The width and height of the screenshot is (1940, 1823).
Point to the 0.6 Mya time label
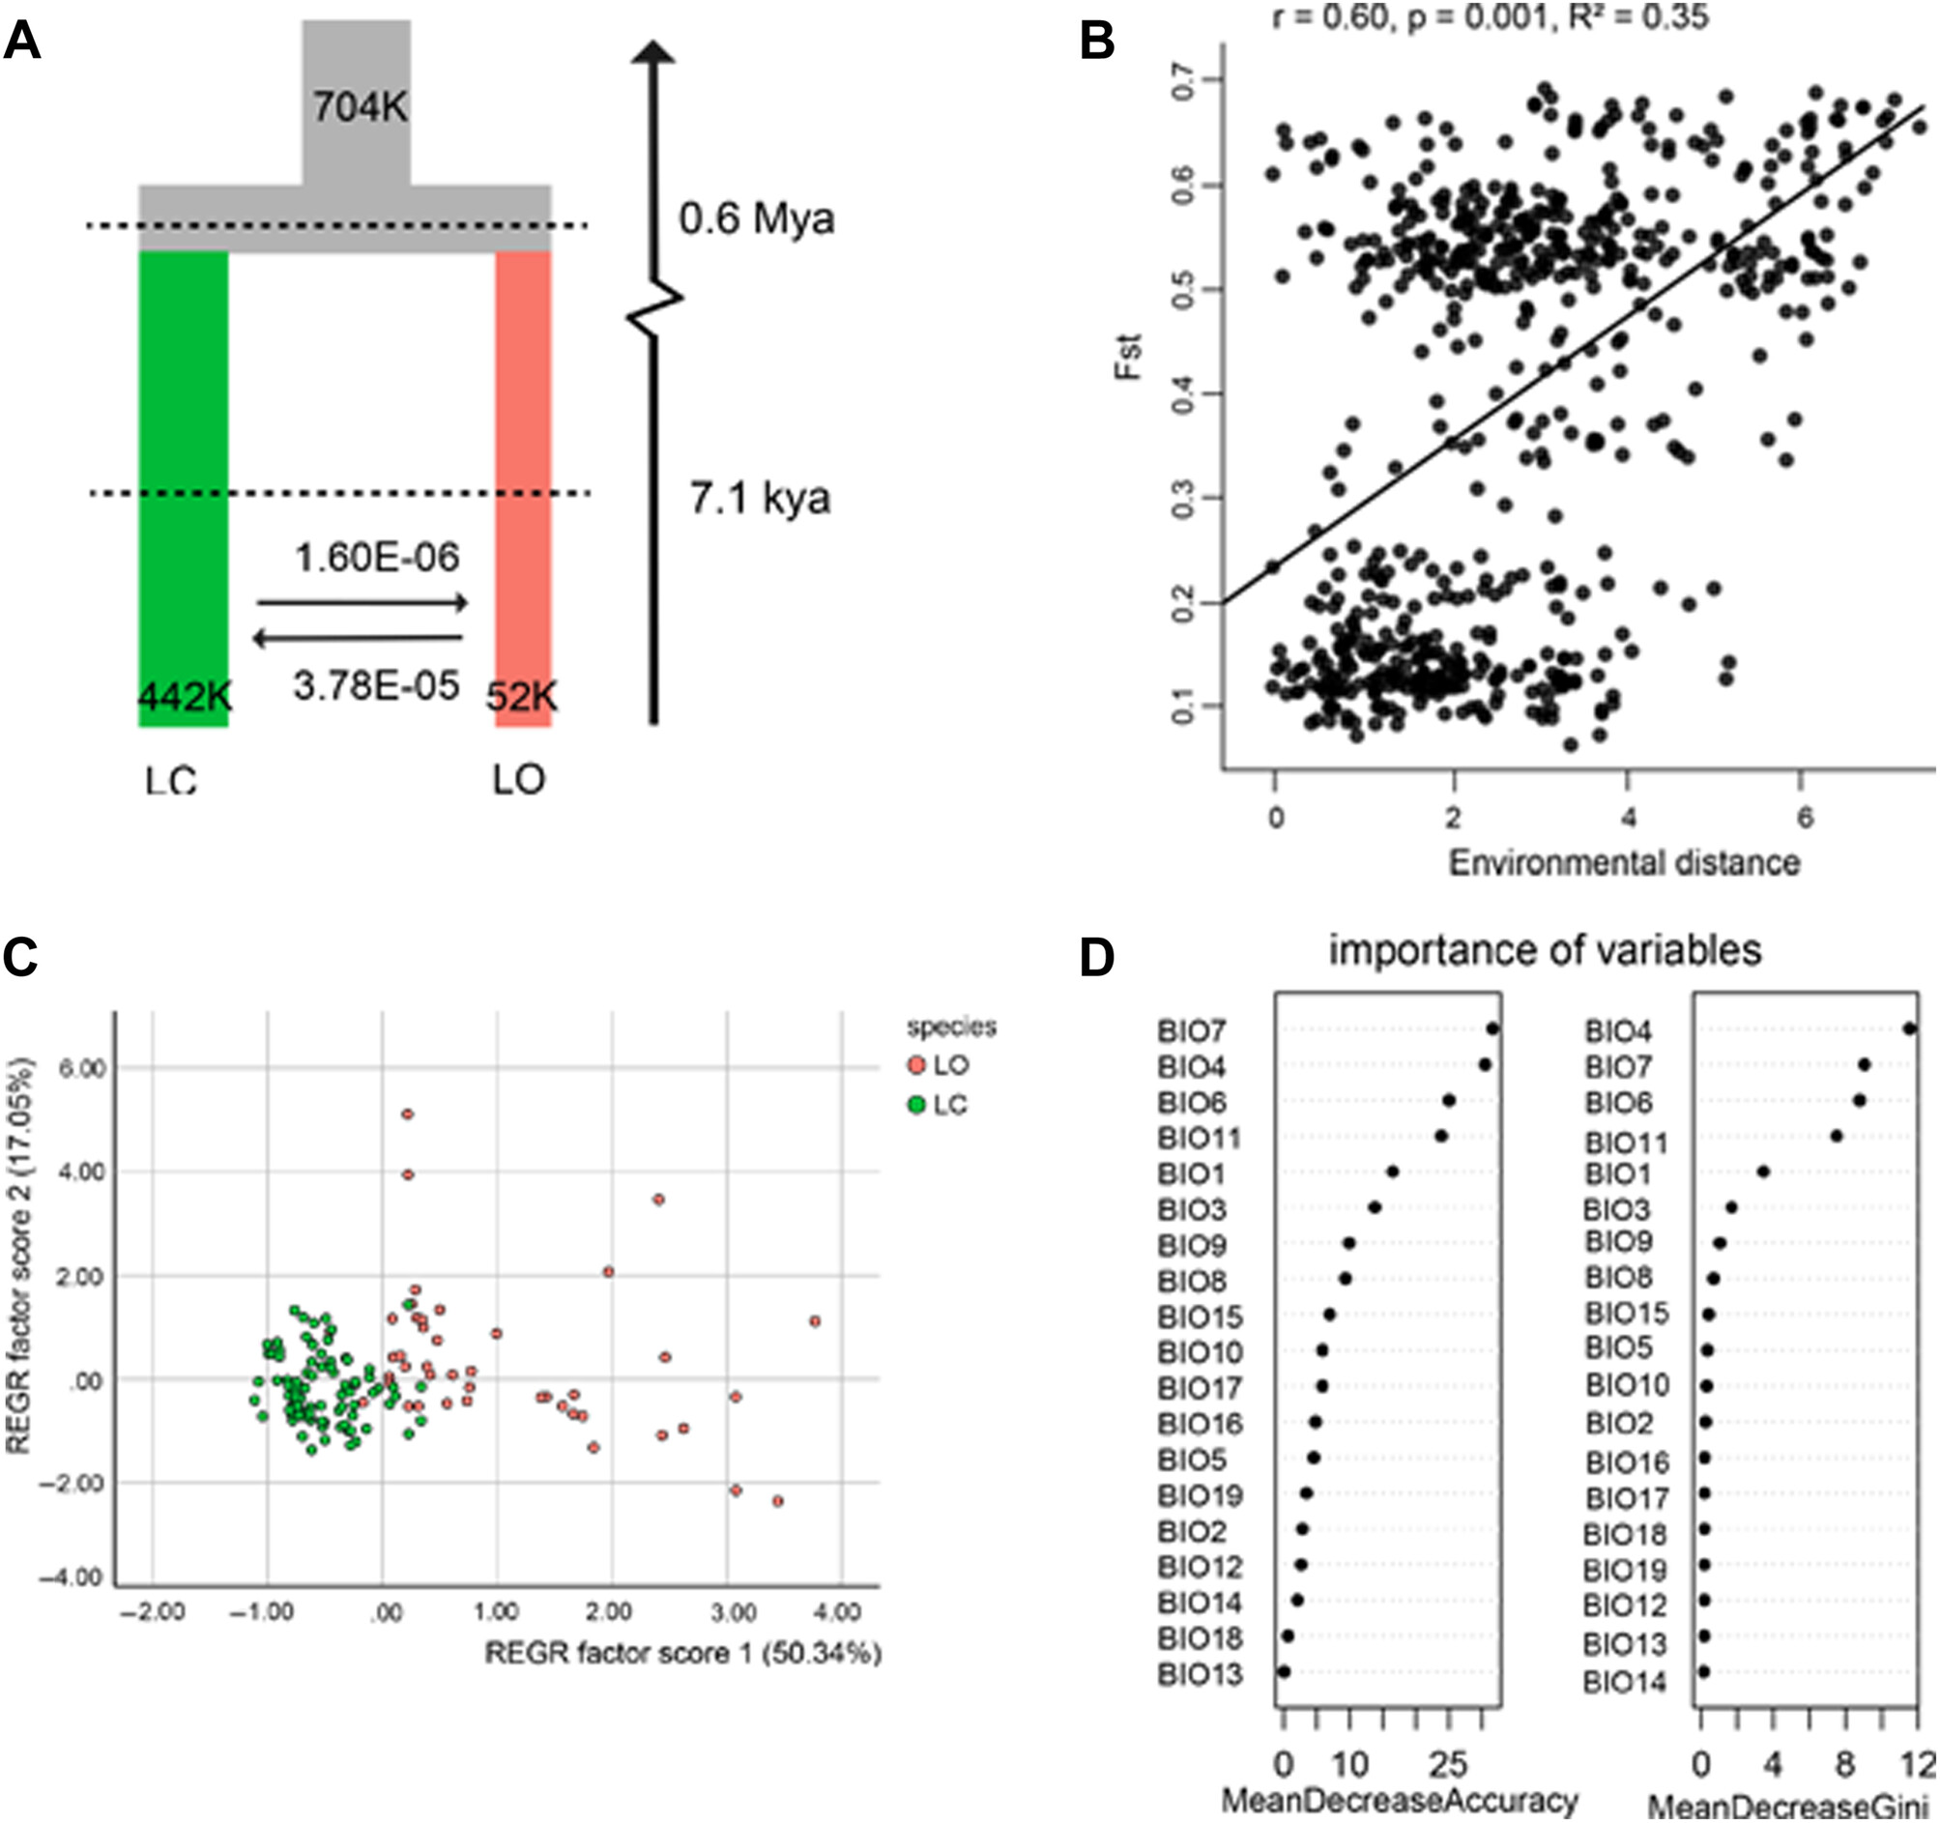757,218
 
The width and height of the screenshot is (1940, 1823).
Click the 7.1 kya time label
760,499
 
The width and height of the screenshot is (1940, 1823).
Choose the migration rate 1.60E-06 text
377,558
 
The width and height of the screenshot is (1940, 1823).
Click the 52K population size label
522,697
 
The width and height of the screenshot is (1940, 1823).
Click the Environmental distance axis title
1624,863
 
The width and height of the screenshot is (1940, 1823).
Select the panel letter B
1097,43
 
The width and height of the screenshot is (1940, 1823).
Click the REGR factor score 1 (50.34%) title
683,1652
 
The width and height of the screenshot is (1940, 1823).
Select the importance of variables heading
1545,949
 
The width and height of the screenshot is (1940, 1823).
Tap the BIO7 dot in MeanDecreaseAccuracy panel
1492,1027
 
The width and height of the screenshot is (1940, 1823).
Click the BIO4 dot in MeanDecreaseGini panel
1910,1027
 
